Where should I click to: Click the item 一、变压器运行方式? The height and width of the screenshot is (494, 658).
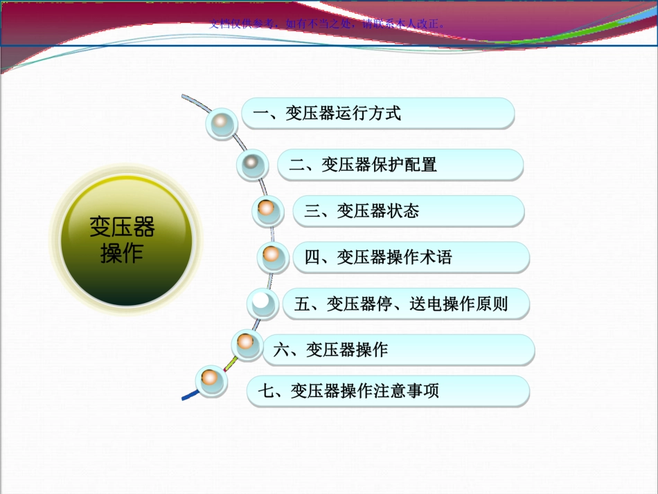[x=377, y=113]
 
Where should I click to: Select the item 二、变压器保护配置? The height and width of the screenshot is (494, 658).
[x=400, y=165]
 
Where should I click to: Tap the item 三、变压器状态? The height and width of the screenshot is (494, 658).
[x=409, y=210]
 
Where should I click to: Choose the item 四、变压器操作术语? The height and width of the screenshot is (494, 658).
[x=411, y=257]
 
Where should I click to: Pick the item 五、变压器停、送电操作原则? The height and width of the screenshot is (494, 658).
[x=406, y=304]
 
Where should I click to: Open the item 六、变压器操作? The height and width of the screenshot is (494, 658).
[x=398, y=349]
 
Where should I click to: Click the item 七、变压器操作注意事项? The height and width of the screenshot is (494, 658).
[x=388, y=391]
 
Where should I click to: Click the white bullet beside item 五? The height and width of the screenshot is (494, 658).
[x=263, y=302]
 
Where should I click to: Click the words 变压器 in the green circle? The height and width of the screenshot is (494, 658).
[x=122, y=226]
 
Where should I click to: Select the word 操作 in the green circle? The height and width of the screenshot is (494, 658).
[x=122, y=253]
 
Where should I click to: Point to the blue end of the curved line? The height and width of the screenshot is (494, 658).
[x=188, y=397]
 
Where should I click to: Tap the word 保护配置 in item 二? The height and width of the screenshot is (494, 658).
[x=404, y=165]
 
